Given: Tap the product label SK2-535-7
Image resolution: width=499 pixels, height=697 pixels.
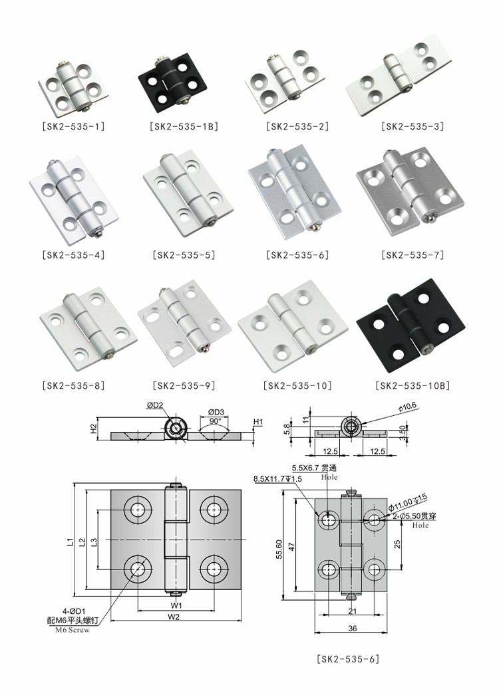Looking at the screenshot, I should coord(413,254).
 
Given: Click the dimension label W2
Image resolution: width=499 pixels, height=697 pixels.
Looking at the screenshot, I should coord(174,617).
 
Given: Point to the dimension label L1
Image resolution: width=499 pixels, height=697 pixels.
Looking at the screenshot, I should coord(71,542).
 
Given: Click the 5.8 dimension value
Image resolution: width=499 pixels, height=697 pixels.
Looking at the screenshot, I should coord(287,429).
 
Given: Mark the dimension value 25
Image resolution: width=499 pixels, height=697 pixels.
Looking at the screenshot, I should coord(397,544).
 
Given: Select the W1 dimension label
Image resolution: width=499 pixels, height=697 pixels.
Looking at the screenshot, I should coord(174,605).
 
